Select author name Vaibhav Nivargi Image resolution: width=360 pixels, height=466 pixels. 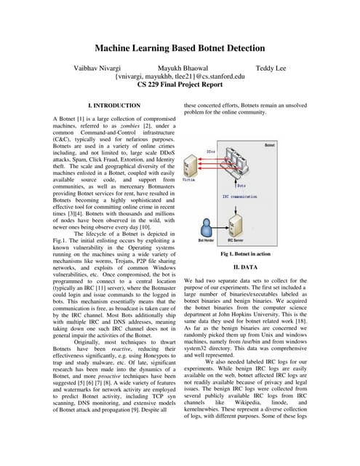102,67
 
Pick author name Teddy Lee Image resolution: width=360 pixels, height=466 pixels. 271,67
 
